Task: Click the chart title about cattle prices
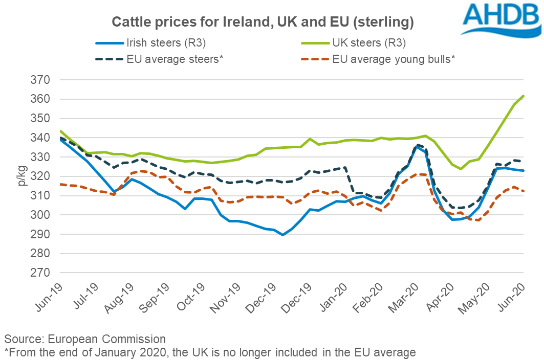click(263, 22)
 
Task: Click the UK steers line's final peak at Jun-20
click(523, 96)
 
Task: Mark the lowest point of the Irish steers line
click(282, 235)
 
